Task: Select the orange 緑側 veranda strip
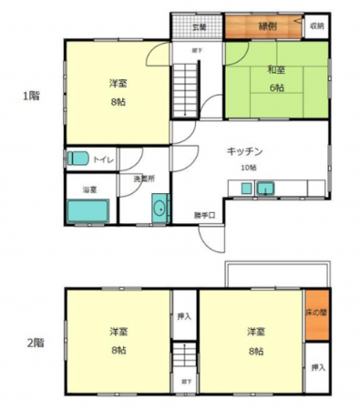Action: tap(265, 26)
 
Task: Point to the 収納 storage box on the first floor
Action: tap(316, 26)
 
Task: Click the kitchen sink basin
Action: tap(267, 189)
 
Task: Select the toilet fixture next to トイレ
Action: tap(78, 159)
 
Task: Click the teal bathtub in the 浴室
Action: tap(88, 210)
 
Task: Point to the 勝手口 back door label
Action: tap(205, 215)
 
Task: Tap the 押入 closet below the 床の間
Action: tap(316, 366)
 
